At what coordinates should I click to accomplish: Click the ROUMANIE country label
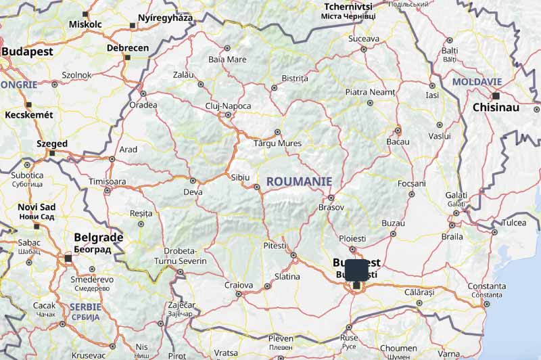coord(299,181)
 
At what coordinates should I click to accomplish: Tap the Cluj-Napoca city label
coord(228,106)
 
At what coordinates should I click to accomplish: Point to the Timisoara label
coord(108,181)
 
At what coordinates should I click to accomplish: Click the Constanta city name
coord(486,286)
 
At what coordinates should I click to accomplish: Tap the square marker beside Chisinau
coord(496,96)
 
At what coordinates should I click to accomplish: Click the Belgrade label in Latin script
coord(98,238)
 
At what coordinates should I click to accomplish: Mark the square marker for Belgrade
coord(68,258)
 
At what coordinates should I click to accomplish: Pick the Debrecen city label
coord(127,48)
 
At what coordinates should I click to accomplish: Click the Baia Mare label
coord(227,59)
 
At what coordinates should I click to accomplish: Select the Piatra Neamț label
coord(369,91)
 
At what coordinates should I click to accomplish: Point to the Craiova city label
coord(239,285)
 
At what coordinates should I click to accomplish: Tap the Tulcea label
coord(514,223)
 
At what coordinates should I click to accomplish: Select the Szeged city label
coord(52,143)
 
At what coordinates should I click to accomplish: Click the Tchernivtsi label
coord(349,6)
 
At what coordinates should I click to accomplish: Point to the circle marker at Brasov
coord(330,198)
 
